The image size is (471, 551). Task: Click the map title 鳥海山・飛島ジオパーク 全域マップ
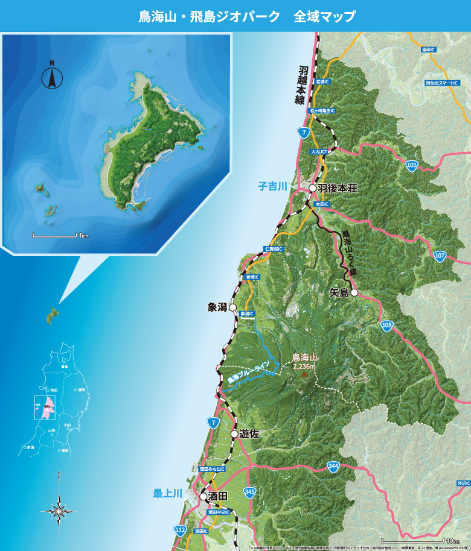[247, 16]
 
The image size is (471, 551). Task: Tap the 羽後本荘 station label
[337, 189]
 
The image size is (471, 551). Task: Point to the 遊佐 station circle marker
[234, 433]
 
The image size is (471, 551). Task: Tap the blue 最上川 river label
[167, 494]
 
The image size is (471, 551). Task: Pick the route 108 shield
[387, 326]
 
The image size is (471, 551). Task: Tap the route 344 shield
[333, 466]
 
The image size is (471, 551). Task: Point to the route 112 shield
[180, 530]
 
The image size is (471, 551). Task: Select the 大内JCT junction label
[318, 153]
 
